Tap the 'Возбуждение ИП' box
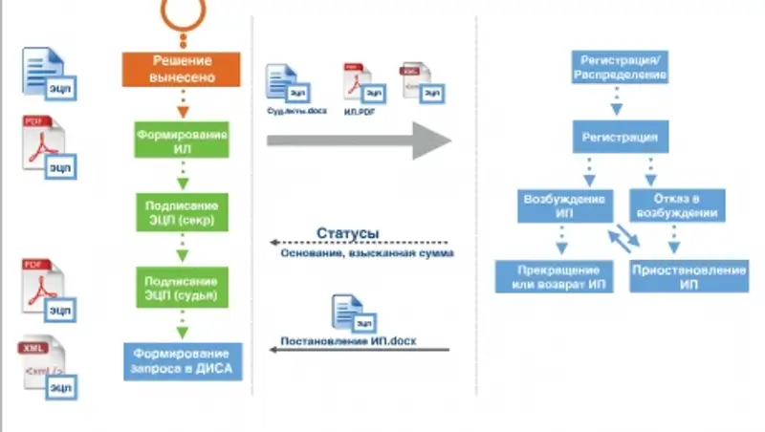tap(564, 206)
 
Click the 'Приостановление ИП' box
tap(688, 276)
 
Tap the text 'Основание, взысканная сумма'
tap(367, 254)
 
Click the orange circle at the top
tap(183, 11)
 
